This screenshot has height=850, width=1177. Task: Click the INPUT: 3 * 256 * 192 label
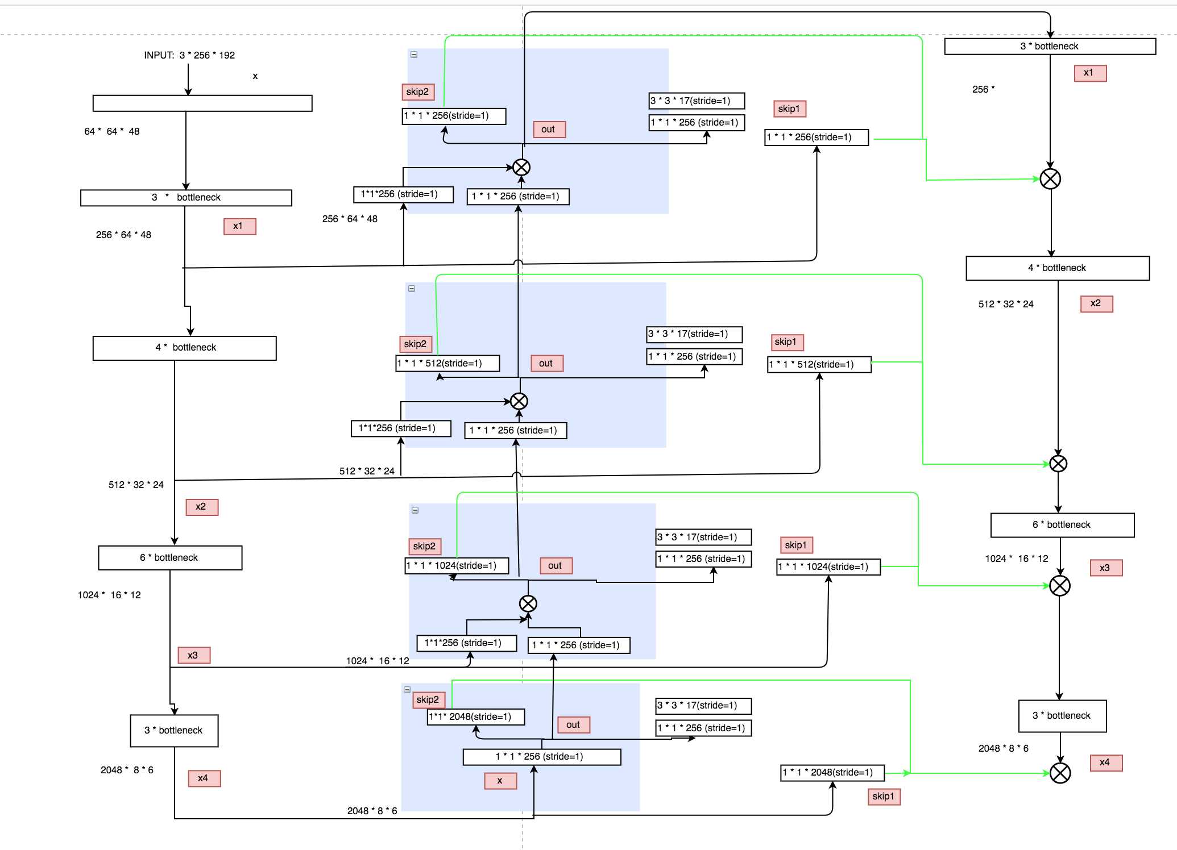[189, 55]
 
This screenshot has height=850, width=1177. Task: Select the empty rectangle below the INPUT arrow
[202, 103]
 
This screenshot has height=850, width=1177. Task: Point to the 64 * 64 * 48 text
[112, 131]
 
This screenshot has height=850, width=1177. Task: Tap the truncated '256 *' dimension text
[983, 89]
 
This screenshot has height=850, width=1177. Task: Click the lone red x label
[500, 781]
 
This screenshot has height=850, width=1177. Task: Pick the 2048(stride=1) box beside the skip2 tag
[476, 716]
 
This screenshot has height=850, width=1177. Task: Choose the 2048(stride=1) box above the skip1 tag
[832, 772]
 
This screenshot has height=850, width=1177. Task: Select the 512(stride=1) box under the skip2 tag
[447, 363]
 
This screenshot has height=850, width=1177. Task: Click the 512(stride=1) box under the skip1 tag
[819, 364]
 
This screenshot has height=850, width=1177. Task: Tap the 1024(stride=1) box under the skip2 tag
[457, 565]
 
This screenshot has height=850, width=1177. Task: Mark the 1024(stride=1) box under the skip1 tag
[828, 566]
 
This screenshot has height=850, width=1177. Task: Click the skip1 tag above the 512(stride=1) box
[788, 342]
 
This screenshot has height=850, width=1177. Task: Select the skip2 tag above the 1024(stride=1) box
[425, 546]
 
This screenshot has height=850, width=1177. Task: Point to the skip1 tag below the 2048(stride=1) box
[884, 796]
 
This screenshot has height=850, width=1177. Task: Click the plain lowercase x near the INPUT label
[255, 76]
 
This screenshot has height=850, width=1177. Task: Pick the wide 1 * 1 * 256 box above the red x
[542, 756]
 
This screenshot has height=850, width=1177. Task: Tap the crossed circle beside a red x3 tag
[1059, 585]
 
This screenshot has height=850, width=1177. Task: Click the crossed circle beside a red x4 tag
[1060, 773]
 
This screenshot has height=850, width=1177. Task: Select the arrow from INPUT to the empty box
[188, 78]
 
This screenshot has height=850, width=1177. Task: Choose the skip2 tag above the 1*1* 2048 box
[428, 699]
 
